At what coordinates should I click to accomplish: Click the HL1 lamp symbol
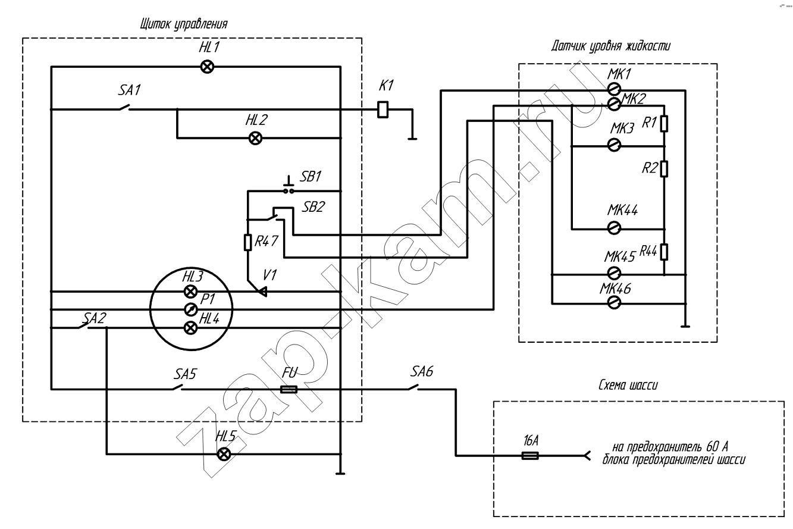207,67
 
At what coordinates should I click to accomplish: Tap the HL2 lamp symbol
255,138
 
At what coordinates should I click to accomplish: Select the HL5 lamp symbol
224,454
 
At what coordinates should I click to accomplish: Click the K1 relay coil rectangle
383,109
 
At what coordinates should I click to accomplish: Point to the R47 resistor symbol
248,243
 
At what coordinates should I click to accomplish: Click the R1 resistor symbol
664,124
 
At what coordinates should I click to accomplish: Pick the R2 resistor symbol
664,168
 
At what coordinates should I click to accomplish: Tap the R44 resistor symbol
664,252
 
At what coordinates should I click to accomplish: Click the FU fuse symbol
289,390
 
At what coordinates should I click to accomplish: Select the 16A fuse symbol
530,456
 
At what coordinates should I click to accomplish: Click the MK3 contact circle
614,145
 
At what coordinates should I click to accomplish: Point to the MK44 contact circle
614,228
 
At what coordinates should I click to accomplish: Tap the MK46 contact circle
614,303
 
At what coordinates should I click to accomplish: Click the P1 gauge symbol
191,310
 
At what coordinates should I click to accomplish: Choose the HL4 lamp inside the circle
191,328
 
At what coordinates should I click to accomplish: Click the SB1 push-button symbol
289,186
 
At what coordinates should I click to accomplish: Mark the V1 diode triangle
262,292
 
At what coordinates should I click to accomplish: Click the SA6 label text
422,371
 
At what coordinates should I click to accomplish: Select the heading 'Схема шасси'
628,385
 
